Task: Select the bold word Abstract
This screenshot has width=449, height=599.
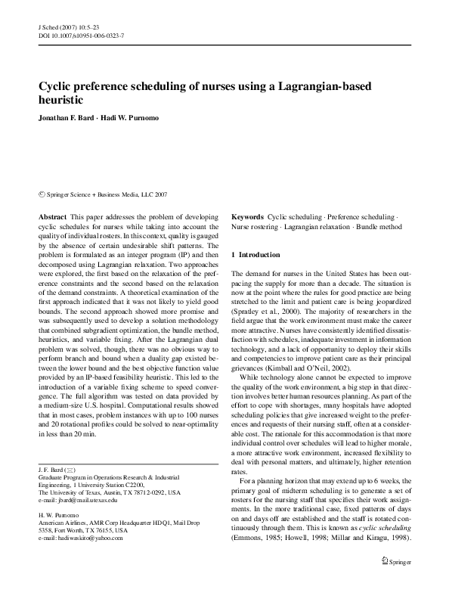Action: (51, 216)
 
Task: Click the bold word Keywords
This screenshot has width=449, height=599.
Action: (247, 216)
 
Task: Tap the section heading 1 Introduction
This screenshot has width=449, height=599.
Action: (255, 255)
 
